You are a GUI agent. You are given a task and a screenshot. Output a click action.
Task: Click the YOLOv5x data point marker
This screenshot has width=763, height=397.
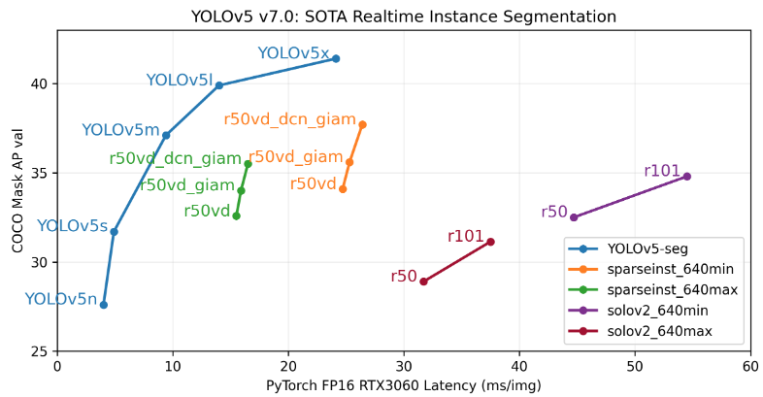[336, 58]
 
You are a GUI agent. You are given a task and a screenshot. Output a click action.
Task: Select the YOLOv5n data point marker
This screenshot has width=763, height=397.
[104, 305]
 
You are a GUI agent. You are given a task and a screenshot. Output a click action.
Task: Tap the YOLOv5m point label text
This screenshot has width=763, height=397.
[120, 130]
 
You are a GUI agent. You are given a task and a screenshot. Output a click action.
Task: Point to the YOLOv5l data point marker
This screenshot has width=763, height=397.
[219, 85]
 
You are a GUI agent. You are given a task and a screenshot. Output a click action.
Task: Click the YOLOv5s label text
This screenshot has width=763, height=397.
[72, 226]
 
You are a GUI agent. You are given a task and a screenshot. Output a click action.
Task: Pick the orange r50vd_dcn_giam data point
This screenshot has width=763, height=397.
[362, 124]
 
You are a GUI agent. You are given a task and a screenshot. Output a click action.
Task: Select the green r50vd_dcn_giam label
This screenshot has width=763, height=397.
[175, 159]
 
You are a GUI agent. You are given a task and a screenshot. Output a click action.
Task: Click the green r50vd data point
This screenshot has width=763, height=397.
[236, 215]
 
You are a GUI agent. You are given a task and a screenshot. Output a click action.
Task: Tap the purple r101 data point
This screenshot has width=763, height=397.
[686, 176]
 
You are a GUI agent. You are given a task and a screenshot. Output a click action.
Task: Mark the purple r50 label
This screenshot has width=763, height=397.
[554, 212]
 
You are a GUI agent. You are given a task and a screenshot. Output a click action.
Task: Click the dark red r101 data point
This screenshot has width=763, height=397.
[490, 242]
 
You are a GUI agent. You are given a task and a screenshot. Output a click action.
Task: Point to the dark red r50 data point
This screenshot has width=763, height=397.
[423, 281]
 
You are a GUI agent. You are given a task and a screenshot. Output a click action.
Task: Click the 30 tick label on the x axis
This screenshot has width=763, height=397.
[404, 367]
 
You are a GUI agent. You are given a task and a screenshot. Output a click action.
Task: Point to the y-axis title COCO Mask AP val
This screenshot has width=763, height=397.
[18, 190]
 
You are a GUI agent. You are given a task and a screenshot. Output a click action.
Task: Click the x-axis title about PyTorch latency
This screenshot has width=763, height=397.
[403, 385]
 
